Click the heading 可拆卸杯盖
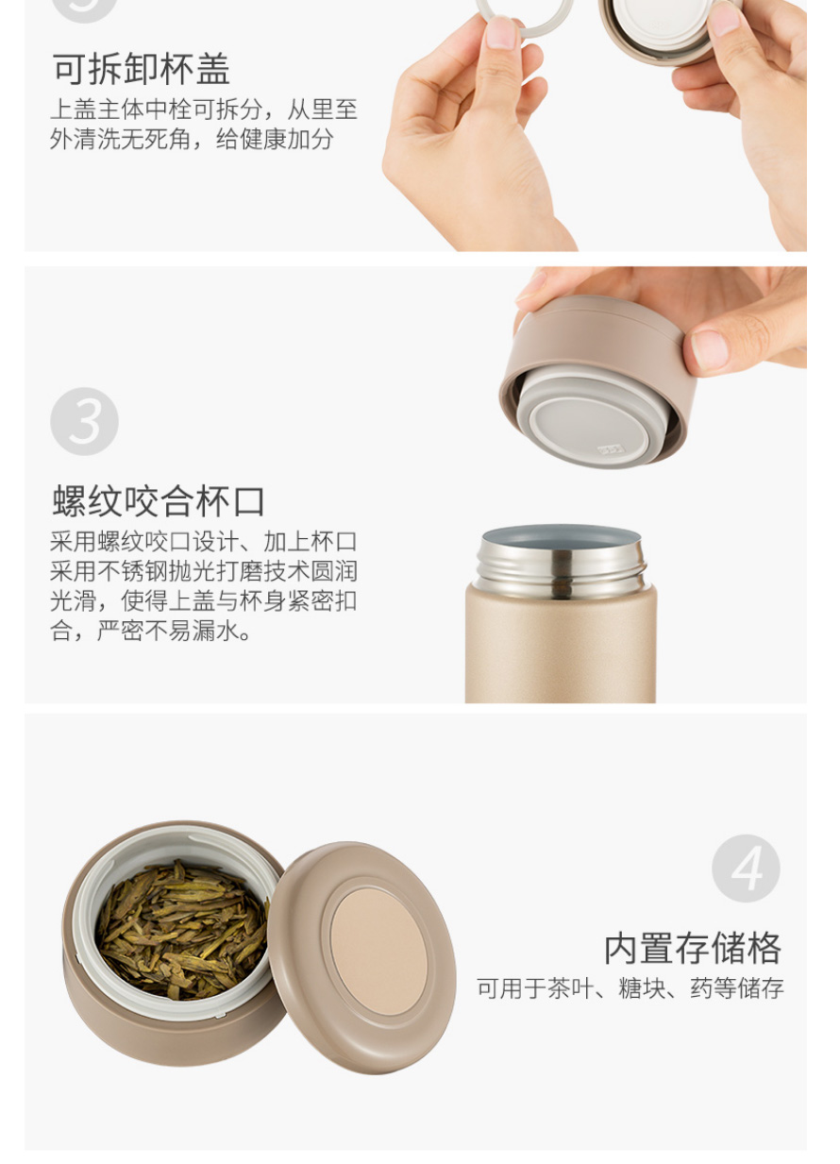click(x=141, y=69)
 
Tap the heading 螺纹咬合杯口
click(x=159, y=501)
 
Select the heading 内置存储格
click(x=693, y=949)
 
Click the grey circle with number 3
click(x=84, y=421)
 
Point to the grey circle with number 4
click(x=746, y=869)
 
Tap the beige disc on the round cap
click(x=378, y=952)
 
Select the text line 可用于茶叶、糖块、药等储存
click(x=630, y=987)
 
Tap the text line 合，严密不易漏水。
click(x=151, y=631)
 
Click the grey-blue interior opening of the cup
click(x=560, y=537)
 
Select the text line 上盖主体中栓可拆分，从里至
click(x=204, y=110)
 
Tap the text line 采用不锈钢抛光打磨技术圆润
click(x=204, y=571)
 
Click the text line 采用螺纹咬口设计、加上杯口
click(x=204, y=542)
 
